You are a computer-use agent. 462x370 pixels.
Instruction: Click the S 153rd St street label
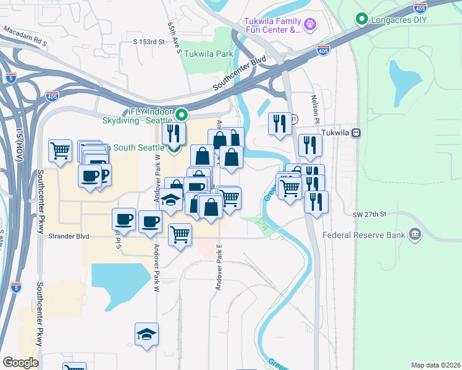click(x=149, y=42)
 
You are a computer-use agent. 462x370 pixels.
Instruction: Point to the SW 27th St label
click(x=369, y=214)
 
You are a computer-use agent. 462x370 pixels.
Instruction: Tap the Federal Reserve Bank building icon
click(x=415, y=234)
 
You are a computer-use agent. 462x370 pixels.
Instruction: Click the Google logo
click(x=20, y=363)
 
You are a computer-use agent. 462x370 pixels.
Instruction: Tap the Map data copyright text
click(x=435, y=365)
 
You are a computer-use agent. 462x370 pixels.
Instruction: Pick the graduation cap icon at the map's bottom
click(x=147, y=334)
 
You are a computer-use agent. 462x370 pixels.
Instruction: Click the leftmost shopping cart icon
click(x=61, y=150)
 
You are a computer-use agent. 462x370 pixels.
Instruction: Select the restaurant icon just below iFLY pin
click(x=174, y=133)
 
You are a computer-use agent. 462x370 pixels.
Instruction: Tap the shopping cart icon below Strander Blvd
click(x=180, y=234)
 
